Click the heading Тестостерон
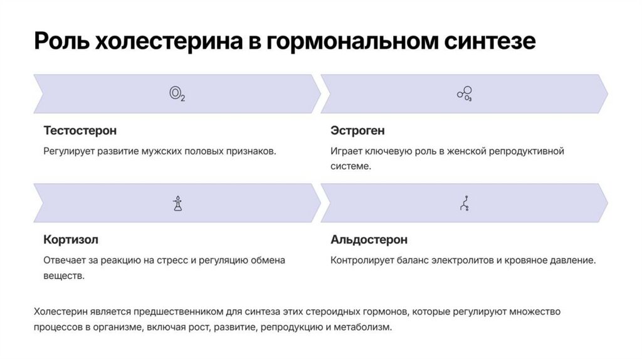pos(80,131)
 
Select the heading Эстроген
pos(357,131)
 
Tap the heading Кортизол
pos(71,240)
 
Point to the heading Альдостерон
pos(369,240)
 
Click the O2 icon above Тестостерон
pos(177,94)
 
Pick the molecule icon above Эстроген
pos(464,94)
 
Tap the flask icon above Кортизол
pos(177,203)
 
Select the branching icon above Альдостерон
pos(465,203)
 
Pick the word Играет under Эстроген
pos(346,151)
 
